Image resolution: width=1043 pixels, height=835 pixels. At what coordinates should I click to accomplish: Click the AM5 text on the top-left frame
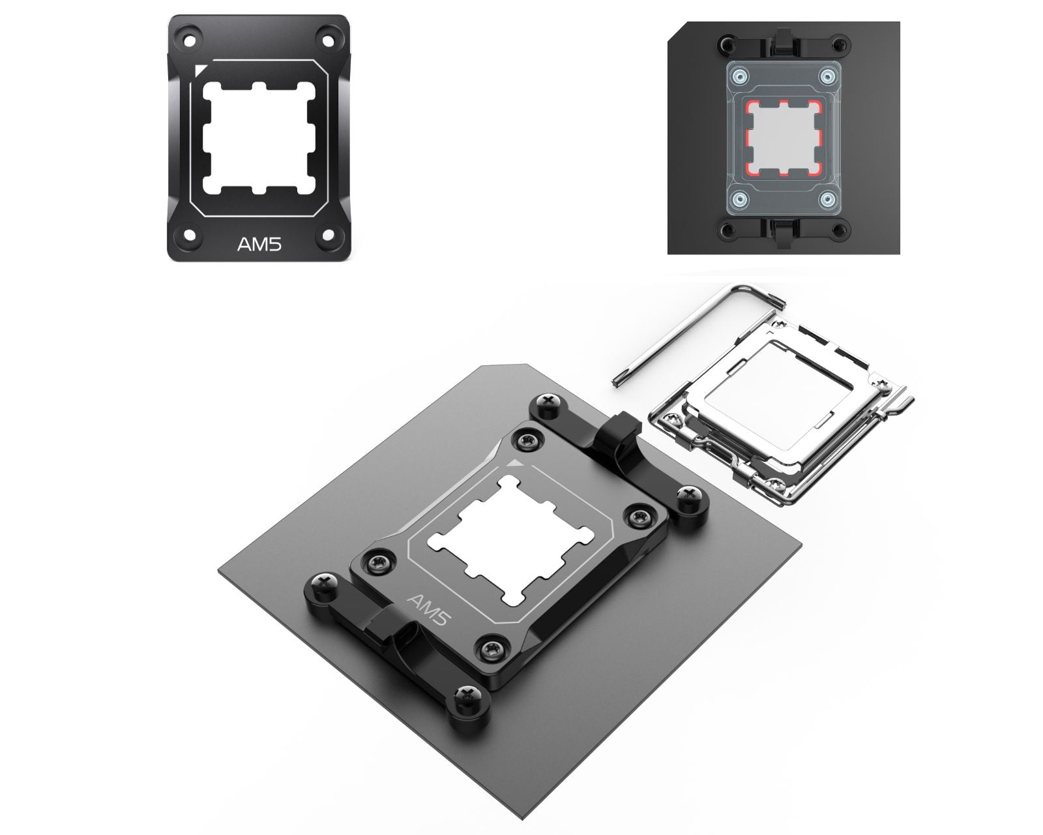[x=259, y=245]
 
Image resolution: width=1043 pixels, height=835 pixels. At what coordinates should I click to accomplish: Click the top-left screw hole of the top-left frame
[x=190, y=40]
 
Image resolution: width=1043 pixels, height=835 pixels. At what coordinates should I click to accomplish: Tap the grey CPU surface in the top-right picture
[x=782, y=138]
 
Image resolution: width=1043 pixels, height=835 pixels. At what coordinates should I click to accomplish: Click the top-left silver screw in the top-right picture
[x=739, y=76]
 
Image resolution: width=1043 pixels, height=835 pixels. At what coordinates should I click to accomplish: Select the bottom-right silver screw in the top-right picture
[x=827, y=200]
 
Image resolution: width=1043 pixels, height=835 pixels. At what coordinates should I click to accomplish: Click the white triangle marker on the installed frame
[x=515, y=463]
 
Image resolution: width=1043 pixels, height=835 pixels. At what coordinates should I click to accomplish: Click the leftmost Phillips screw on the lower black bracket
[x=324, y=583]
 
